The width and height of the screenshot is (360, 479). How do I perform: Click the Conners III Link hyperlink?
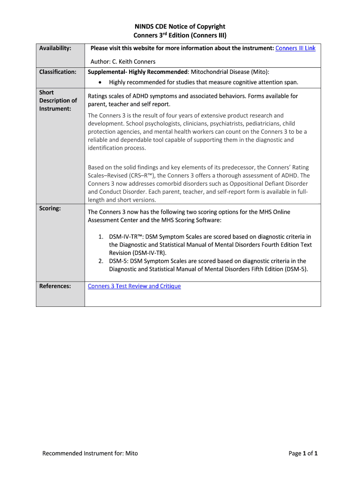pos(295,48)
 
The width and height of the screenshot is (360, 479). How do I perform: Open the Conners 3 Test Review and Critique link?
pos(134,286)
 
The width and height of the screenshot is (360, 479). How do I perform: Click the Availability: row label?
pos(55,48)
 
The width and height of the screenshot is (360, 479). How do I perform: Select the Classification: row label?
pos(58,72)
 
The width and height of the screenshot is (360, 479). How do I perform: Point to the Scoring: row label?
pos(50,208)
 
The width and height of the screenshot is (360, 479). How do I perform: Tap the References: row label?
pos(55,286)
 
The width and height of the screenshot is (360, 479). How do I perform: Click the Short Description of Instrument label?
pos(58,101)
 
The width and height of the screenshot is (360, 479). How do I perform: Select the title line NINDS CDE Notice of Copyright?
pos(180,27)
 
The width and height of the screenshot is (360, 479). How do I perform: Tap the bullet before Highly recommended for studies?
pos(101,82)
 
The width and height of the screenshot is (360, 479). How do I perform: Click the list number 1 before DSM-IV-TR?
pos(101,237)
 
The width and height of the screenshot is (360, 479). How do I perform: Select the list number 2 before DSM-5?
pos(101,261)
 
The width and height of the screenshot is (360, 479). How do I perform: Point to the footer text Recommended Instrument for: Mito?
pos(90,453)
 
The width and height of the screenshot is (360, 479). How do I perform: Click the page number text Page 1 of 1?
pos(303,453)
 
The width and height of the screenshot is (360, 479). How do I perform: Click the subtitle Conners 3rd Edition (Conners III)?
pos(180,36)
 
